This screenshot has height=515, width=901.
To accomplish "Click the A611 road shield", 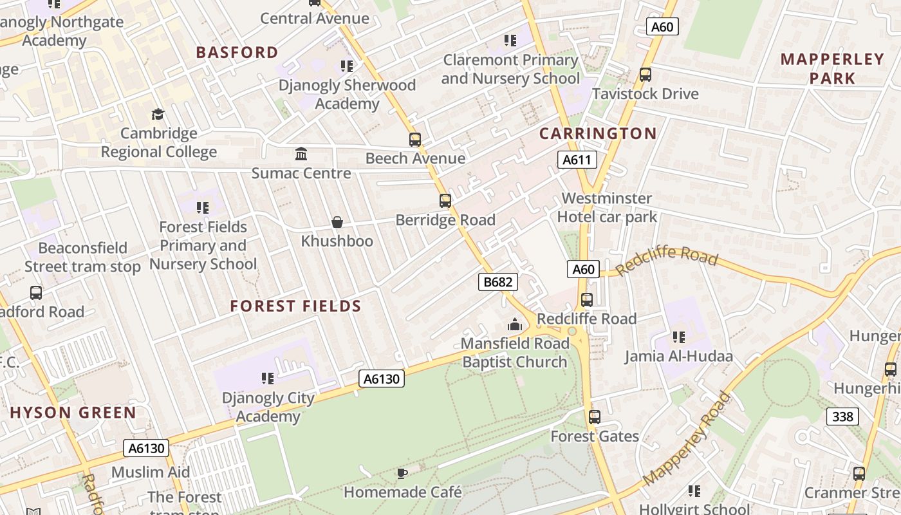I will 577,160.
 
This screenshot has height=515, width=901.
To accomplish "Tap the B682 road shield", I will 498,281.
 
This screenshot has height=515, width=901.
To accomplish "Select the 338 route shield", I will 842,417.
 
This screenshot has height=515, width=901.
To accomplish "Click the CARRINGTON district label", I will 598,133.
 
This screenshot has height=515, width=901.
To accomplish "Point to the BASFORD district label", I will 237,52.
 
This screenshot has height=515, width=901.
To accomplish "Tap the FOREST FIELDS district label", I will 296,306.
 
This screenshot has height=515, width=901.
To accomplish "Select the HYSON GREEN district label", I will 73,413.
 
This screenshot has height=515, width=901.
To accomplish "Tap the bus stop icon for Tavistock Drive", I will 646,75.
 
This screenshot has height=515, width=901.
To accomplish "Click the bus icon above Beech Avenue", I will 415,139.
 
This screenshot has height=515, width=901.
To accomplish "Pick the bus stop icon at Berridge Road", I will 445,200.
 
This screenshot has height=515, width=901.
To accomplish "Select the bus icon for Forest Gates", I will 595,417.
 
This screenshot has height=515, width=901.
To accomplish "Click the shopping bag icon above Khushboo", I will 337,222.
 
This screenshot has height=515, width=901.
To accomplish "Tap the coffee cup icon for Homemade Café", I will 402,474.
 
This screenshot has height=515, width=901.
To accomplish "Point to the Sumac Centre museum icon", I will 301,154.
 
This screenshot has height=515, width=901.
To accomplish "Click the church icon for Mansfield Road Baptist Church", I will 514,324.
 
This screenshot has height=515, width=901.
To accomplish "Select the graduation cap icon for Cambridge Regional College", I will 158,115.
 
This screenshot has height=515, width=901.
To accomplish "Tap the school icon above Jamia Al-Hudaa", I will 678,337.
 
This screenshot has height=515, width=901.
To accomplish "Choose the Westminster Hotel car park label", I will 607,207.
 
